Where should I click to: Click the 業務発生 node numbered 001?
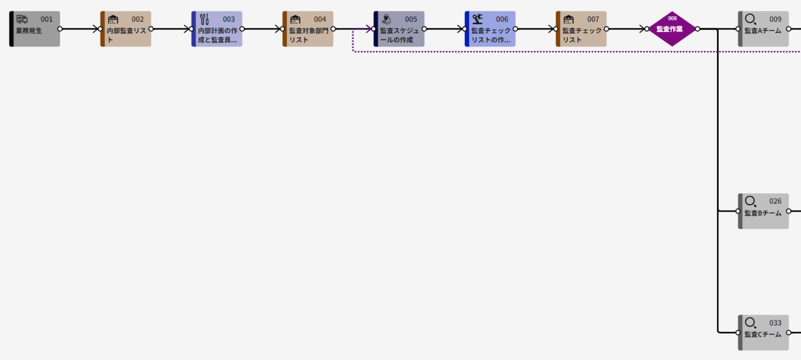35,29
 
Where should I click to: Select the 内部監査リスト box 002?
126,29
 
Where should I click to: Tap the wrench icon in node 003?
204,19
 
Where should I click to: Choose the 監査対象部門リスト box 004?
308,29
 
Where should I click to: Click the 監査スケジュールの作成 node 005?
399,29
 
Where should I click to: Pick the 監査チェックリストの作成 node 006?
490,29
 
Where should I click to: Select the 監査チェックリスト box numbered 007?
581,29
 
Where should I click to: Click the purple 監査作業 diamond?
672,29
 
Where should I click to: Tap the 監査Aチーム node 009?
764,29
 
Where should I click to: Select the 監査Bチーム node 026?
764,211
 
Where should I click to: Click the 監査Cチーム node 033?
764,332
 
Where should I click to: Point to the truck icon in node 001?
22,19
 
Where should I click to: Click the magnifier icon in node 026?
751,201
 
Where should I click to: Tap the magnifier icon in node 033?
751,323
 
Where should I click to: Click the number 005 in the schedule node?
411,19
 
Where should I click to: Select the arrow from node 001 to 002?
80,29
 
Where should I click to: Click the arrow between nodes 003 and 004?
262,29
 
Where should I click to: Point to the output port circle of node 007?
606,29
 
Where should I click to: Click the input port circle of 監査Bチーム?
738,211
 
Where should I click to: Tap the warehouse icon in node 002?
113,19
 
